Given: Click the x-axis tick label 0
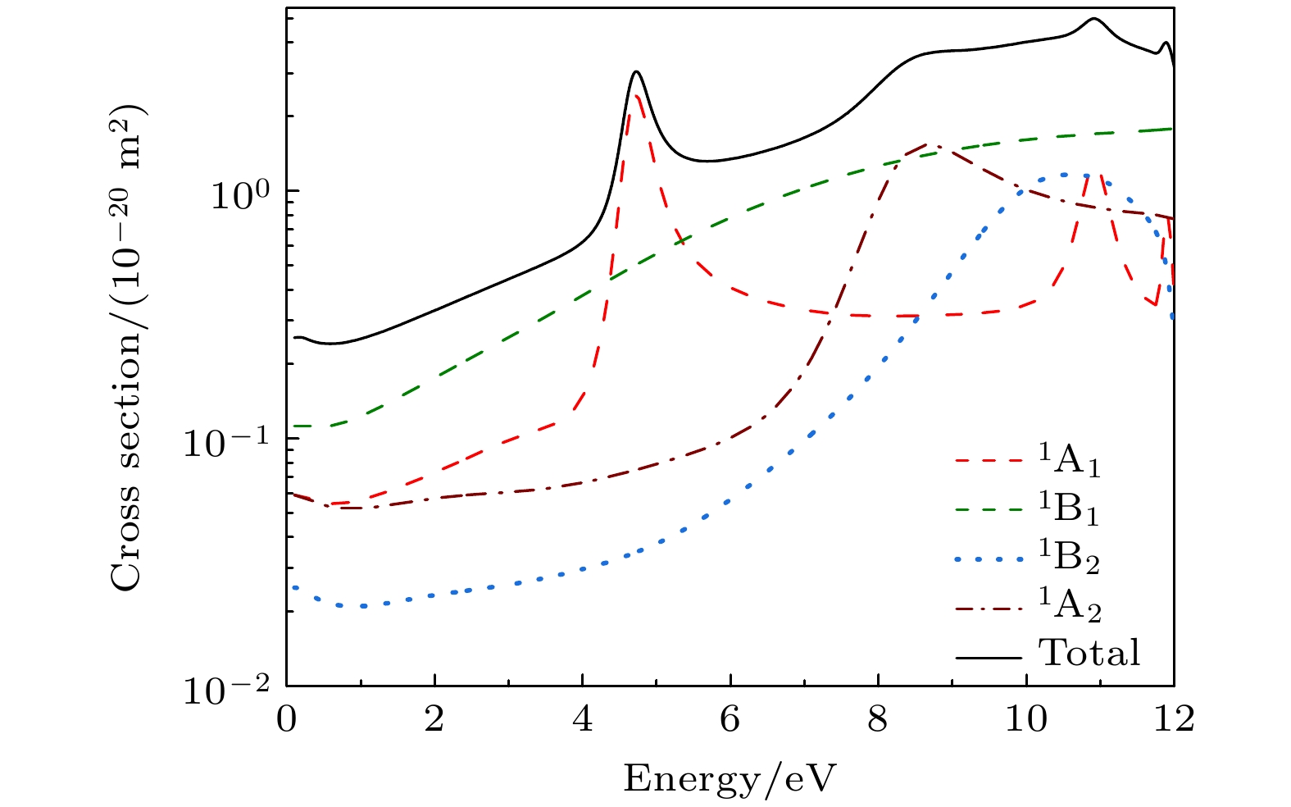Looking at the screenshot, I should click(x=286, y=720).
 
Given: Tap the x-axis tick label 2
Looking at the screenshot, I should click(x=434, y=720).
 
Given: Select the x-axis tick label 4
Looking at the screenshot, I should click(x=582, y=720).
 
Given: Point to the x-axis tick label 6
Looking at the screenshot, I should click(x=730, y=720).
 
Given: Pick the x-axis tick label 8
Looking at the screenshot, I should click(x=878, y=720).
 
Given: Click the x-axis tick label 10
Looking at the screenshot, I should click(x=1026, y=720).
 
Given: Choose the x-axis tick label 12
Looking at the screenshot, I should click(x=1174, y=720).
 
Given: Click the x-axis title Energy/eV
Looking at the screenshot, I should click(x=730, y=777).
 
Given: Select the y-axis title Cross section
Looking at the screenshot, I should click(x=128, y=348).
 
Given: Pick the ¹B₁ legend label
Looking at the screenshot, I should click(x=1070, y=509).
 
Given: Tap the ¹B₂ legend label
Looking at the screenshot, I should click(x=1070, y=557).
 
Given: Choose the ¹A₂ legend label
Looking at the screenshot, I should click(x=1070, y=605).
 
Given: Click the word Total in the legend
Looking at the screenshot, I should click(x=1089, y=653).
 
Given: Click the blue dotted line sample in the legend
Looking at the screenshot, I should click(x=989, y=559).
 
